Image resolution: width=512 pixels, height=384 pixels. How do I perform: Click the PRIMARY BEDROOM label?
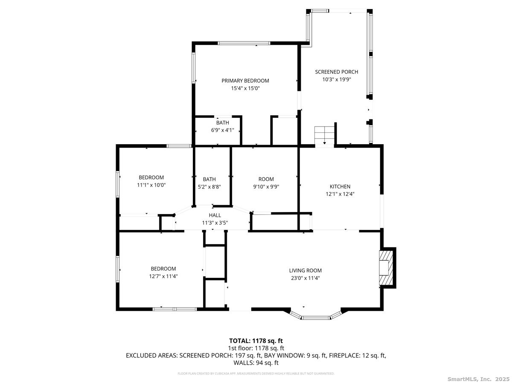tap(245, 81)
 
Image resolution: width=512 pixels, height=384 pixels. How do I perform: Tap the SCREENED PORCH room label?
tap(336, 72)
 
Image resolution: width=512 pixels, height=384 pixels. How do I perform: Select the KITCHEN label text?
tap(340, 186)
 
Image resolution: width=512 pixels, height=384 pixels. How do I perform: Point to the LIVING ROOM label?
tap(305, 270)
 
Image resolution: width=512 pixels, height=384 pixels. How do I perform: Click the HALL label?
tap(215, 215)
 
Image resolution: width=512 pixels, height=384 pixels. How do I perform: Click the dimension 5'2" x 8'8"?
tap(209, 186)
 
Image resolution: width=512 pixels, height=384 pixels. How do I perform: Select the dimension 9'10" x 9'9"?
tap(266, 186)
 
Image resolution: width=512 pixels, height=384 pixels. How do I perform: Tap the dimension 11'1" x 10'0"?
tap(151, 185)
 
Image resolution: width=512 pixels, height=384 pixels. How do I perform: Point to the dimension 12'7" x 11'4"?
tap(163, 276)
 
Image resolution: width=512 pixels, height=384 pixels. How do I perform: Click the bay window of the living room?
tap(315, 317)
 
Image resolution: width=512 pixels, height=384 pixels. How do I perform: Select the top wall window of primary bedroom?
tap(244, 43)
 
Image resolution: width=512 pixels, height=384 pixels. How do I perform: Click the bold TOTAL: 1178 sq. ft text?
tap(256, 340)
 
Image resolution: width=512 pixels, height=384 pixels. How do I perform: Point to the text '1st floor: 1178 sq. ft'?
tap(256, 348)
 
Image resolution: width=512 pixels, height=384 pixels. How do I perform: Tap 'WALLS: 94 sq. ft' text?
tap(256, 363)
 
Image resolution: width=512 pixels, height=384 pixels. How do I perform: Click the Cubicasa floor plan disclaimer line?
tap(256, 373)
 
